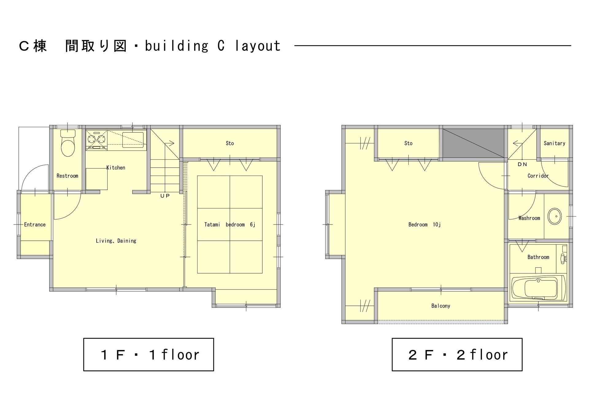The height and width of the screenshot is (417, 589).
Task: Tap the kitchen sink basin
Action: click(x=133, y=139)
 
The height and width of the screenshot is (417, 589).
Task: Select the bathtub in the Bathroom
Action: click(x=539, y=288)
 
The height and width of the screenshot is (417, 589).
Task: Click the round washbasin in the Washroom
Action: click(x=555, y=216)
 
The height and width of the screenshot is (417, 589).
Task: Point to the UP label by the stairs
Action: click(x=165, y=196)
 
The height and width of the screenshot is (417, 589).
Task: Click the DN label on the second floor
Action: click(x=522, y=164)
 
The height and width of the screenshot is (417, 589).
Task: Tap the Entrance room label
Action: click(x=35, y=224)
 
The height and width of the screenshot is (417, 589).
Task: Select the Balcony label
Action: click(x=441, y=306)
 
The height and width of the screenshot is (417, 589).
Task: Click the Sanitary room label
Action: click(x=554, y=143)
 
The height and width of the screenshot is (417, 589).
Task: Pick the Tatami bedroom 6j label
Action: click(x=230, y=224)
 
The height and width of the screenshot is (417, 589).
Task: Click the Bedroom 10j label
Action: click(x=425, y=224)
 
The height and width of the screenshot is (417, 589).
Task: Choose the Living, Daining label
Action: click(x=116, y=241)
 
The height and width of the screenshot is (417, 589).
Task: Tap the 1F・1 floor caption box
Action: click(x=148, y=355)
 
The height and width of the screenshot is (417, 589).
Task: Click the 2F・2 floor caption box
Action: click(x=457, y=355)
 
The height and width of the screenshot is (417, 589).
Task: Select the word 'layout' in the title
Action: click(x=258, y=46)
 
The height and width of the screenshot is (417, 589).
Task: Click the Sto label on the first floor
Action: click(x=230, y=143)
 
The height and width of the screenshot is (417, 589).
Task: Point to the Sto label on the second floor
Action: click(x=408, y=143)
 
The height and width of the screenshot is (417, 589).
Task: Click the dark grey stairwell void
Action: click(x=473, y=143)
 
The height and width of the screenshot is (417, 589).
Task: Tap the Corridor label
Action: click(x=538, y=176)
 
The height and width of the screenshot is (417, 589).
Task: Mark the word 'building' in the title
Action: click(x=177, y=46)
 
